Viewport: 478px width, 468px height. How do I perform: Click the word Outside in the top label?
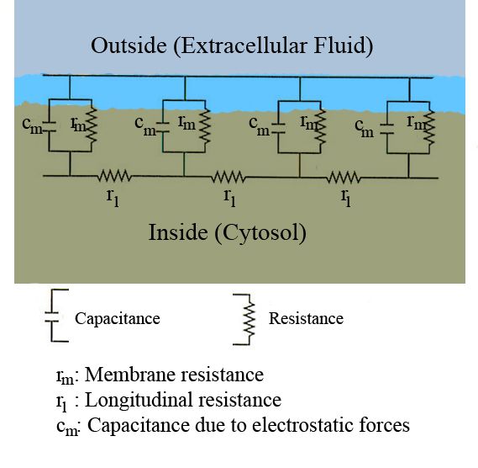click(x=129, y=45)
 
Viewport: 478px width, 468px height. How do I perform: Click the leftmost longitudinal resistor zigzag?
click(x=114, y=176)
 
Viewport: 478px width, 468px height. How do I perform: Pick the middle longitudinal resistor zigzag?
click(x=228, y=177)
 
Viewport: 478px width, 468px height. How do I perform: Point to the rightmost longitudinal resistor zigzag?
click(x=344, y=178)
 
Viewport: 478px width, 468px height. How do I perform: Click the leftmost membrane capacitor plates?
click(x=49, y=127)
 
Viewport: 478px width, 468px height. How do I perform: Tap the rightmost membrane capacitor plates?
click(x=386, y=130)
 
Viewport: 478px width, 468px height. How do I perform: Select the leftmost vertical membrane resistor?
click(x=92, y=125)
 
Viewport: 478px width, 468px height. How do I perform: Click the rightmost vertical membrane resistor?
click(x=429, y=127)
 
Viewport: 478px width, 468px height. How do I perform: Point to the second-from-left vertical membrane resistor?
click(x=205, y=126)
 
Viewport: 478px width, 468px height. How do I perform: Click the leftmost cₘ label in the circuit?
click(x=32, y=125)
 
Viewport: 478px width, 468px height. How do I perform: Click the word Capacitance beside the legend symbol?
click(x=118, y=319)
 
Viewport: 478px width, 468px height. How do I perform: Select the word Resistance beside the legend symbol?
click(x=306, y=319)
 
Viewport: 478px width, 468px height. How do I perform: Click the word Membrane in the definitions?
click(x=128, y=375)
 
